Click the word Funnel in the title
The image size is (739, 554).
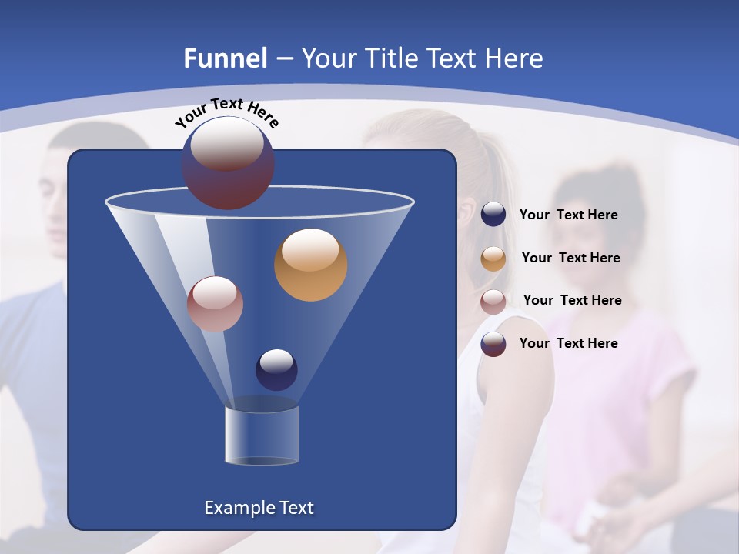tap(225, 58)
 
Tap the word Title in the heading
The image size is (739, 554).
tap(391, 58)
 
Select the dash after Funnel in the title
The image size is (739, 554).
tap(284, 58)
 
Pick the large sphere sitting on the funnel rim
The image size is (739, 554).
tap(228, 163)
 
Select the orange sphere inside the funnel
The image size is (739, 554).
tap(310, 265)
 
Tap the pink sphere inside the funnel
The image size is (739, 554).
tap(215, 304)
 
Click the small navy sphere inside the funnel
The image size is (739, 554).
tap(276, 369)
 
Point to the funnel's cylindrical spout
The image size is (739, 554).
tap(262, 435)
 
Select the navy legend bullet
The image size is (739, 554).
tap(493, 215)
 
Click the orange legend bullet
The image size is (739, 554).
tap(493, 259)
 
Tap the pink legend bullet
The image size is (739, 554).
tap(493, 302)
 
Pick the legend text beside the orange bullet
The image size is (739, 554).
tap(570, 258)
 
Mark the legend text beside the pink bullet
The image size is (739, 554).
tap(572, 300)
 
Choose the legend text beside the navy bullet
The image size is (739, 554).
tap(568, 215)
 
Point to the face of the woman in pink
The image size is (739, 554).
tap(593, 223)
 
